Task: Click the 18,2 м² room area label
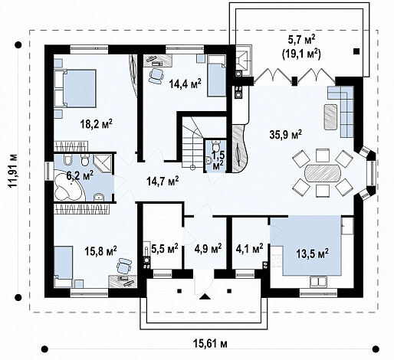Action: coord(97,124)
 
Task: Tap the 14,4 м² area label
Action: coord(185,83)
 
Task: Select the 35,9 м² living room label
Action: coord(286,135)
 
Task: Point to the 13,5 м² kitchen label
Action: coord(312,254)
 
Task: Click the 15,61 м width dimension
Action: coord(209,343)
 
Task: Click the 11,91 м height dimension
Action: coord(13,171)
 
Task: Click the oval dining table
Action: coord(323,172)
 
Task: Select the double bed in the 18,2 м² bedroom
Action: coord(75,88)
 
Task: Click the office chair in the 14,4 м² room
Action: coord(156,75)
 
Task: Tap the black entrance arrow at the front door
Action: coord(205,296)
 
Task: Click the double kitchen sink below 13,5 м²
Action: coord(318,282)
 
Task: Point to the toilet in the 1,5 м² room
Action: coord(216,146)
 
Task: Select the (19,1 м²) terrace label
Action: coord(301,54)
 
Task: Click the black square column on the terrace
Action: coord(356,51)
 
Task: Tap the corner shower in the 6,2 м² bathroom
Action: coord(103,163)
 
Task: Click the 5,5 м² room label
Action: coord(165,248)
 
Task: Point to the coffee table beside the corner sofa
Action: coord(331,117)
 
